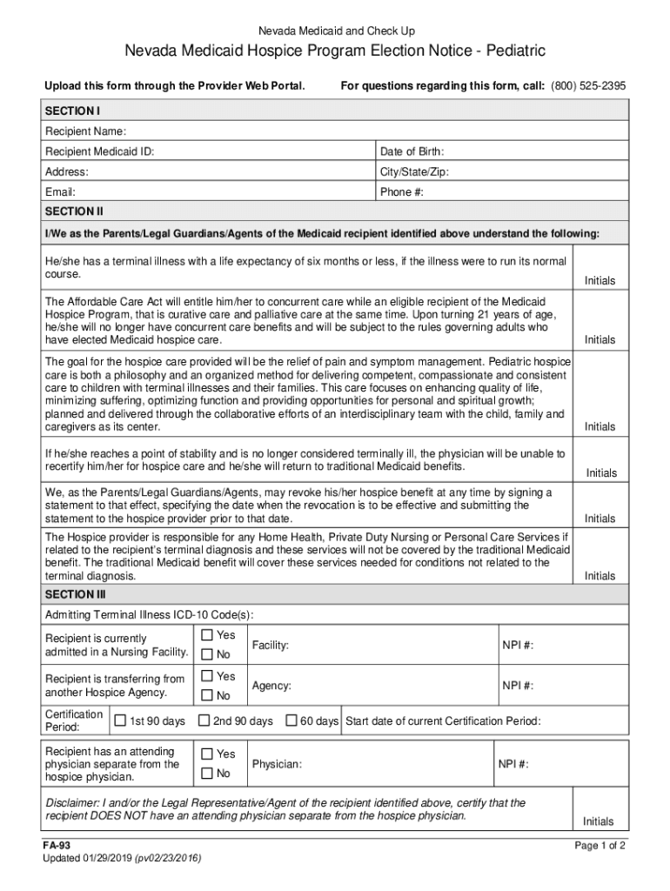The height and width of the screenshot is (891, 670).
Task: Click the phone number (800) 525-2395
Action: [587, 85]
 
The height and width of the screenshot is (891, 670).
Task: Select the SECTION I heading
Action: [73, 111]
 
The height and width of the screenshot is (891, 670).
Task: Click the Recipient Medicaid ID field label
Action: [100, 151]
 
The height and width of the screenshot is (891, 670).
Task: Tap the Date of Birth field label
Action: [412, 151]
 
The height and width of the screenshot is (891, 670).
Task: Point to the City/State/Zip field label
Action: [414, 171]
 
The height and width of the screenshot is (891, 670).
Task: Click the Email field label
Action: [60, 191]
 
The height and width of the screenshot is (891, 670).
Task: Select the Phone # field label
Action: [402, 191]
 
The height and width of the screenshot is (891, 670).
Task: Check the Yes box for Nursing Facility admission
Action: [207, 635]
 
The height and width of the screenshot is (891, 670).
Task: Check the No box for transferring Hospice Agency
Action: [207, 695]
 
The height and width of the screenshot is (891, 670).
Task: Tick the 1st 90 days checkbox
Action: [120, 720]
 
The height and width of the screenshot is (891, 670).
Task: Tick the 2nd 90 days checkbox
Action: [204, 720]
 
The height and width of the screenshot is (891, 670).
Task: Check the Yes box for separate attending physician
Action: [207, 754]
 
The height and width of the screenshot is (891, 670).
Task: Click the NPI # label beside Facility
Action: [518, 645]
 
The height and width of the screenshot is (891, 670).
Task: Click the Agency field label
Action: [271, 686]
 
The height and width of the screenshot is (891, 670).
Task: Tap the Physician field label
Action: [277, 764]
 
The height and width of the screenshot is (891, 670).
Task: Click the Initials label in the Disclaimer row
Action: [599, 821]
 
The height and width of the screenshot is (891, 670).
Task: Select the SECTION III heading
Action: [75, 595]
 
